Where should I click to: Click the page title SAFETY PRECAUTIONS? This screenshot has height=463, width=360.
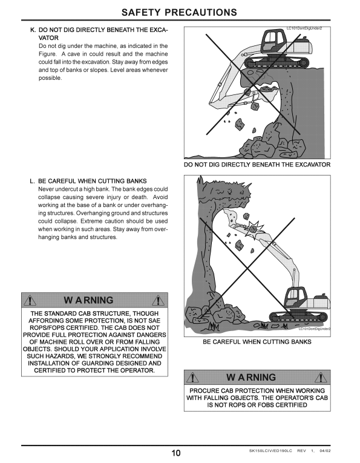(179, 12)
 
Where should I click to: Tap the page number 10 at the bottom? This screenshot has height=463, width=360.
(176, 453)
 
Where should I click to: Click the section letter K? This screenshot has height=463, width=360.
(33, 30)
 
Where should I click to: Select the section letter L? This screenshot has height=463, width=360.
(33, 182)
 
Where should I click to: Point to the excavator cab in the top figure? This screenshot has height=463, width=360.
(274, 42)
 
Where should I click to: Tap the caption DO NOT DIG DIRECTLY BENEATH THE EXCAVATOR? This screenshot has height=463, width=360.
(257, 165)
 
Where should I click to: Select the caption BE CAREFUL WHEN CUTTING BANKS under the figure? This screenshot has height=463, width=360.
(257, 342)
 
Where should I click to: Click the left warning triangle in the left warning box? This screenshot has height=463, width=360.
(30, 300)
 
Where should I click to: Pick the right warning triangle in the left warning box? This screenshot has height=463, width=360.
(158, 300)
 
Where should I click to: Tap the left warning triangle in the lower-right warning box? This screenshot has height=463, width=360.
(192, 378)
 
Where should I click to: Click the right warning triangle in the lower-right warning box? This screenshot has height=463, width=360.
(321, 378)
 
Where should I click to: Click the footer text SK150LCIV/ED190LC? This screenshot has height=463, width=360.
(270, 451)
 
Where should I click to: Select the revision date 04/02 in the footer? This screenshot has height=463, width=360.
(325, 451)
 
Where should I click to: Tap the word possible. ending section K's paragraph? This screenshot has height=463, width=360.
(50, 78)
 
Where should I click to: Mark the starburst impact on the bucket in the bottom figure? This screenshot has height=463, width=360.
(254, 228)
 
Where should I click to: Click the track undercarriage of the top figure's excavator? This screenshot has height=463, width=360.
(277, 62)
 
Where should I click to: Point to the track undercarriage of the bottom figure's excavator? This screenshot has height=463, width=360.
(299, 317)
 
